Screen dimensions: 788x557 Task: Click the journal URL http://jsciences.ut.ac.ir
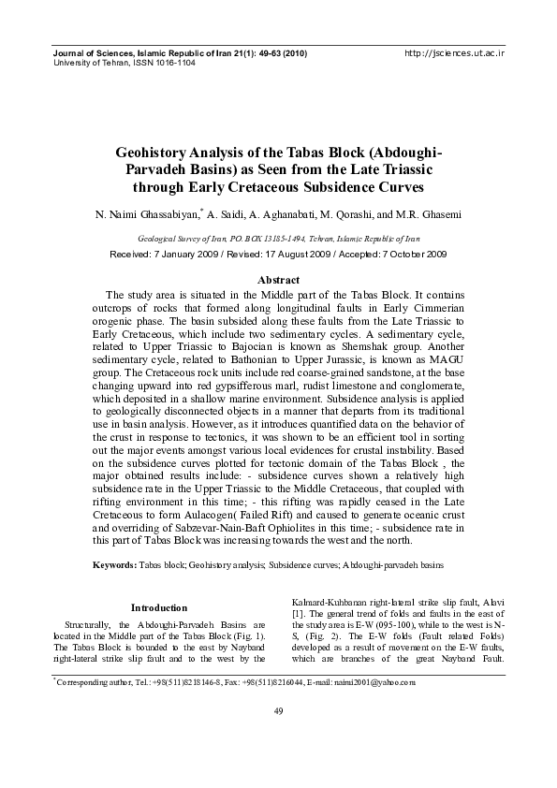(454, 53)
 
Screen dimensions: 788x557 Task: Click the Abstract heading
(278, 280)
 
